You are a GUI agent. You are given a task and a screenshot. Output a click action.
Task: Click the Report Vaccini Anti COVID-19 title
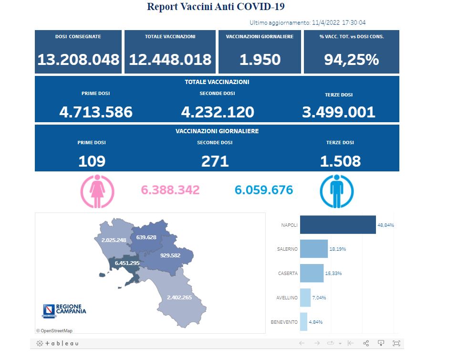pos(216,7)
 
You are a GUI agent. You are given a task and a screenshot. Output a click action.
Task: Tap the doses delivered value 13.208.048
pos(78,60)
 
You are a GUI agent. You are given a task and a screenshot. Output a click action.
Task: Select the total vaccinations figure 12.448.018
pos(170,60)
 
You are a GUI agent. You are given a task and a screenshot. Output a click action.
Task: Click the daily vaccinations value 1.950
pos(260,60)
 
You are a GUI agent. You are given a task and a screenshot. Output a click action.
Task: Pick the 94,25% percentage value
pos(351,60)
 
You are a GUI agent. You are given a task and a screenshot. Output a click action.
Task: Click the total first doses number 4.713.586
pos(96,112)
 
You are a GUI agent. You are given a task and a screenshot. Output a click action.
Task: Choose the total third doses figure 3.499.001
pos(339,112)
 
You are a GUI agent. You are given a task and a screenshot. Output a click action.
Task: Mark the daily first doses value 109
pos(92,161)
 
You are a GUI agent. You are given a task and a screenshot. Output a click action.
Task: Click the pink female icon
pos(98,191)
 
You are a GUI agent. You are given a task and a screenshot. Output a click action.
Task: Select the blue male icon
pos(336,191)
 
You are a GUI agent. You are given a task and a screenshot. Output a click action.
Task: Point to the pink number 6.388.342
pos(170,190)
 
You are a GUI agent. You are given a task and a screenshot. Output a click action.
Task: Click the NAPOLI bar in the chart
pos(337,224)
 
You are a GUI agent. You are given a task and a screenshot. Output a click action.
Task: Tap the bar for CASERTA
pos(312,273)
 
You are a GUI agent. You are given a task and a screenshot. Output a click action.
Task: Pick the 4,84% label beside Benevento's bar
pos(316,322)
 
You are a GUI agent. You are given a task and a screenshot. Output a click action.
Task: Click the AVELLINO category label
pos(287,297)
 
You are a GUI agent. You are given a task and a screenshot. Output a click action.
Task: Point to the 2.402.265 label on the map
pos(179,297)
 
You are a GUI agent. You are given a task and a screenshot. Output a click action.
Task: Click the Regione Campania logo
pos(65,310)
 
